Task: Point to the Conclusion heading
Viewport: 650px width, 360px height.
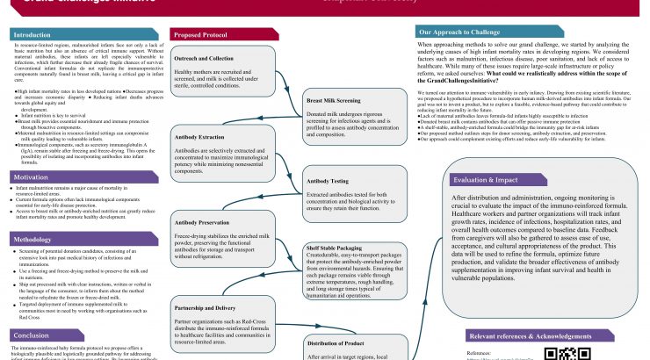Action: (32, 335)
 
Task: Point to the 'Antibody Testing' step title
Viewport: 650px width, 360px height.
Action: (324, 182)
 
